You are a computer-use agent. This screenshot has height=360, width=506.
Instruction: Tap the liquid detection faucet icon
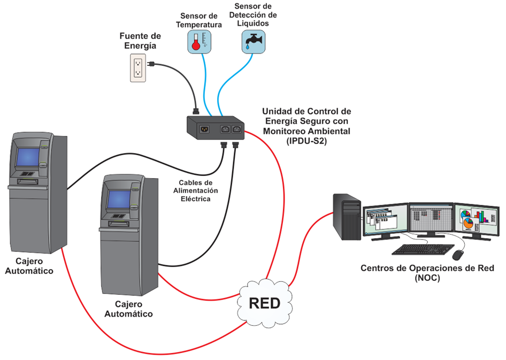[250, 40]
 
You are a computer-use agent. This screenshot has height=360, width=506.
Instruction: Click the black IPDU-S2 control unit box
[214, 128]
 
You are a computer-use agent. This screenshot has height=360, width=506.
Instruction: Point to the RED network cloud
[265, 303]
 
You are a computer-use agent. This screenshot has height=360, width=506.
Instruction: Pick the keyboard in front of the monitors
[420, 249]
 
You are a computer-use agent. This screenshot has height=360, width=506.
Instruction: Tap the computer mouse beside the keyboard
[458, 255]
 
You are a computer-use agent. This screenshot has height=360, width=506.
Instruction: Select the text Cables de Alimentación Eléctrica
[195, 190]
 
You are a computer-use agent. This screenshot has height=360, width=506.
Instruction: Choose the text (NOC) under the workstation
[426, 278]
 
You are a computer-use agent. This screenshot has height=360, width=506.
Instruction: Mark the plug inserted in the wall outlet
[151, 65]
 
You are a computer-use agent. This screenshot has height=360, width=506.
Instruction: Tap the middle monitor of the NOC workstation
[431, 219]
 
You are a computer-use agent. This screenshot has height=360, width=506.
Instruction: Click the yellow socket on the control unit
[203, 128]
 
